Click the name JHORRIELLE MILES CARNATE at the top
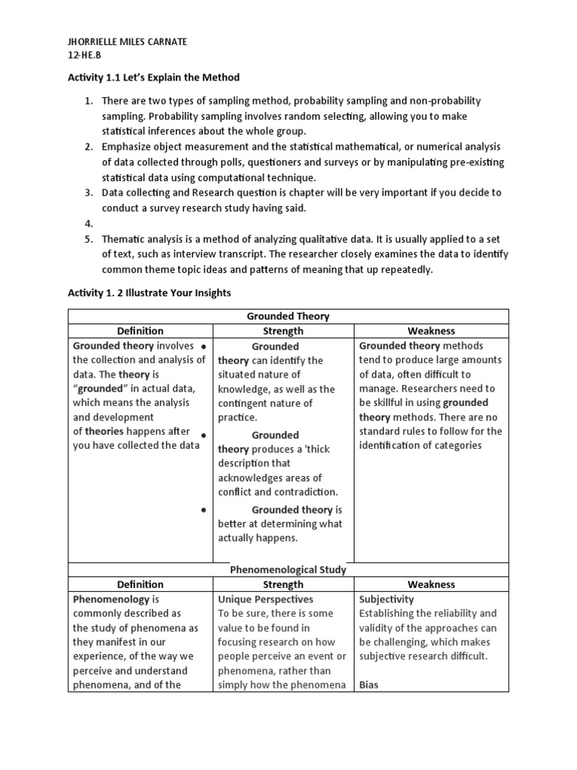coord(128,42)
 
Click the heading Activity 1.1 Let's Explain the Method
coord(155,78)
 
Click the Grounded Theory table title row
coord(288,317)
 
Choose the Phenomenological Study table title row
coord(288,570)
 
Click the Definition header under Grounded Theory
coord(140,331)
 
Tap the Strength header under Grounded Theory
coord(283,331)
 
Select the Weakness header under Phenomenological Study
coord(431,584)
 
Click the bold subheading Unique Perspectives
coord(265,599)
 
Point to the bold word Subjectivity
coord(386,599)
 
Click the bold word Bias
coord(368,685)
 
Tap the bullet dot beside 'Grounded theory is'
coord(204,510)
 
